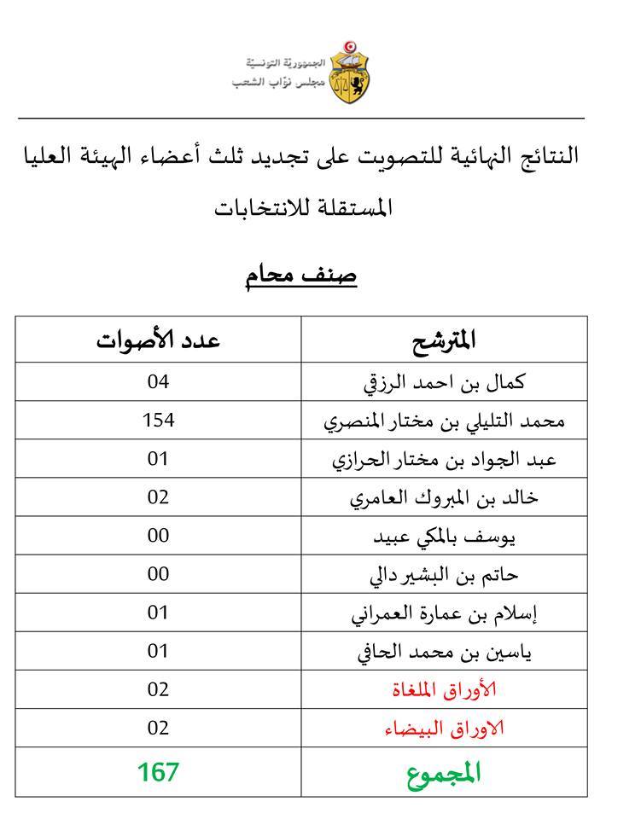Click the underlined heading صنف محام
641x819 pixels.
pyautogui.click(x=301, y=276)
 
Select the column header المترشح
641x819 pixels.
pyautogui.click(x=445, y=340)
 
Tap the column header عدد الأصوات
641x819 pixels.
pyautogui.click(x=158, y=340)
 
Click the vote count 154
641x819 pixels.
pyautogui.click(x=159, y=420)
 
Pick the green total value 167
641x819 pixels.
pyautogui.click(x=159, y=772)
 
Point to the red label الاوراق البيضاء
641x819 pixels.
pyautogui.click(x=445, y=728)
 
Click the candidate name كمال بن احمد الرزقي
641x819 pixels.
pyautogui.click(x=445, y=382)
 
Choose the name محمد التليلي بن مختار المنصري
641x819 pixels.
pyautogui.click(x=445, y=421)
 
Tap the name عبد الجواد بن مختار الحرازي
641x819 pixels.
pyautogui.click(x=445, y=459)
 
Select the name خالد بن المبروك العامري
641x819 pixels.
pyautogui.click(x=445, y=497)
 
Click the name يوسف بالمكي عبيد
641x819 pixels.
pyautogui.click(x=445, y=536)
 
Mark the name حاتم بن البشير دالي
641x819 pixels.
pyautogui.click(x=445, y=574)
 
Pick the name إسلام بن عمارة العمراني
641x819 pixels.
pyautogui.click(x=445, y=613)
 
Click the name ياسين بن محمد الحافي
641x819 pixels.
pyautogui.click(x=445, y=652)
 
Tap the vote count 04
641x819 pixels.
pyautogui.click(x=159, y=381)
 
